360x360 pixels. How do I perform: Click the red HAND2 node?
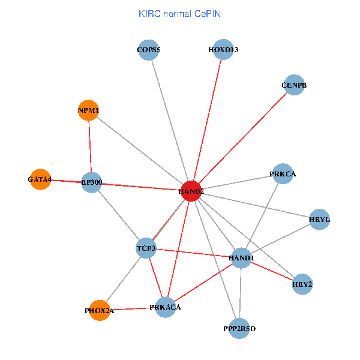(x=191, y=191)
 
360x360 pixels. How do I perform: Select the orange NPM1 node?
(x=88, y=110)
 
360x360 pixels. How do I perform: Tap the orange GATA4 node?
(x=40, y=179)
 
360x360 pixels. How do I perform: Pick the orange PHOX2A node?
(x=100, y=311)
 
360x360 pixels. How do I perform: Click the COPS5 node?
(x=148, y=50)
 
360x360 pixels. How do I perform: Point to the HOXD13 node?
(x=223, y=50)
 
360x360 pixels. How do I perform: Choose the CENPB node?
(x=294, y=85)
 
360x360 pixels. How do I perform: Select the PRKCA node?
(x=283, y=174)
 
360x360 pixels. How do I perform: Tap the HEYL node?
(x=319, y=219)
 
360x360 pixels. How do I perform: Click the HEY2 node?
(x=302, y=284)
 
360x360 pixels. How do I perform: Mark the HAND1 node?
(x=241, y=258)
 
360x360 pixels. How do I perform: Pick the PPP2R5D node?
(x=239, y=328)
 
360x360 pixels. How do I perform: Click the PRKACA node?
(x=165, y=307)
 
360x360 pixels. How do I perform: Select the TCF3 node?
(x=146, y=248)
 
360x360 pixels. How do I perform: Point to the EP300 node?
(x=92, y=182)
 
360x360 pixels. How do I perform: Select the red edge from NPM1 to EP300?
(x=90, y=146)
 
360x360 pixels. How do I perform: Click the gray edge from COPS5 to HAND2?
(x=170, y=120)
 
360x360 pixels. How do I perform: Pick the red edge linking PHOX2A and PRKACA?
(x=132, y=309)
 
